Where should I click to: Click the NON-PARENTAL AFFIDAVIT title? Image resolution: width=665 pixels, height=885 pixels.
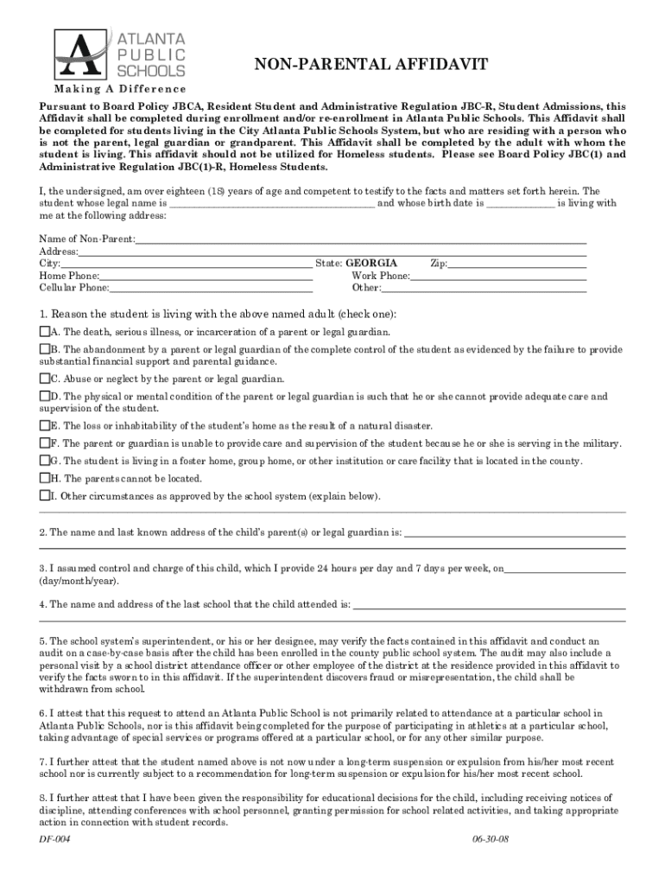click(370, 65)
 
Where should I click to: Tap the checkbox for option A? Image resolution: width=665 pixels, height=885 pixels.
click(45, 332)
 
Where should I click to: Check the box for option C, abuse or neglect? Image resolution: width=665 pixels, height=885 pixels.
click(45, 379)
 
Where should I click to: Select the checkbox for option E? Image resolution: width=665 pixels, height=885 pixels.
click(45, 426)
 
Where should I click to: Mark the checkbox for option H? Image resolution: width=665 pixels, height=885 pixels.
click(45, 478)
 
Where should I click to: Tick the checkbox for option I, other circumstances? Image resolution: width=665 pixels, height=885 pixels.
click(45, 496)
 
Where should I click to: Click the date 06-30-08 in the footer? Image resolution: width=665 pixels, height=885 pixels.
click(490, 840)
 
